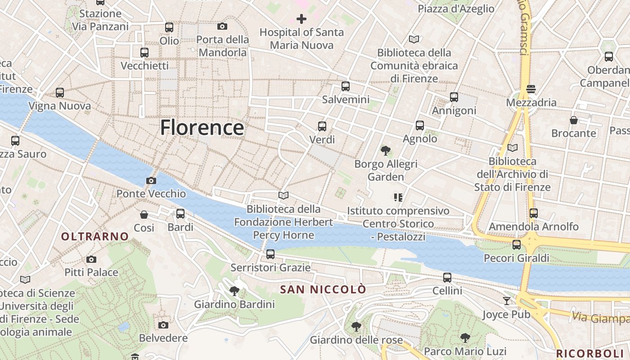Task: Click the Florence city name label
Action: pyautogui.click(x=202, y=127)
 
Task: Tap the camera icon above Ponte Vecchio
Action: pyautogui.click(x=151, y=181)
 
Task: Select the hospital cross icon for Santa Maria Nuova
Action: pyautogui.click(x=301, y=19)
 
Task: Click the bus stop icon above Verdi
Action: pyautogui.click(x=322, y=126)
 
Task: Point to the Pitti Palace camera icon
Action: pyautogui.click(x=91, y=259)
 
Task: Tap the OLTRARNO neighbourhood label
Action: pyautogui.click(x=95, y=236)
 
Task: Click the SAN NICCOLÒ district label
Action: pyautogui.click(x=323, y=289)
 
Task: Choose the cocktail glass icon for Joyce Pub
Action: pyautogui.click(x=507, y=301)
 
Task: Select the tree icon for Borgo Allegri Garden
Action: pyautogui.click(x=385, y=151)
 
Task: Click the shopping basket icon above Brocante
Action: pyautogui.click(x=574, y=120)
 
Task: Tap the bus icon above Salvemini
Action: pyautogui.click(x=346, y=86)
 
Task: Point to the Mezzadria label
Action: pyautogui.click(x=531, y=103)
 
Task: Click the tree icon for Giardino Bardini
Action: pyautogui.click(x=234, y=291)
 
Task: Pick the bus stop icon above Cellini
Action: pyautogui.click(x=447, y=278)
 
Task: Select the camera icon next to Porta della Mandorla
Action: pyautogui.click(x=222, y=27)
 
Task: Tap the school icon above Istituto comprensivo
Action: pyautogui.click(x=398, y=197)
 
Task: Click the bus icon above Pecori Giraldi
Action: pyautogui.click(x=517, y=245)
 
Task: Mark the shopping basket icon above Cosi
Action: pyautogui.click(x=144, y=215)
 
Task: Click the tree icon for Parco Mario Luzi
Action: pyautogui.click(x=465, y=338)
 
